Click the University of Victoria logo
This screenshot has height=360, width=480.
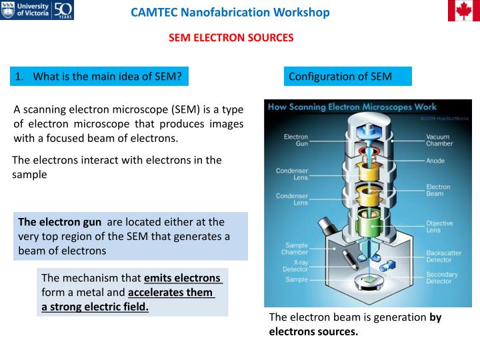[x=37, y=11]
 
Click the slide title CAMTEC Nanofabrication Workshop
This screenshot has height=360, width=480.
[x=230, y=13]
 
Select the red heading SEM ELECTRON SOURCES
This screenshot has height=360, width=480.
[x=231, y=38]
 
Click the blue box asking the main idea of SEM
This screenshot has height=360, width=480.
[x=99, y=77]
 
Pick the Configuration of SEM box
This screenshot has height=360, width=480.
[x=347, y=77]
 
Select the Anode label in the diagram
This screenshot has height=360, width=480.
[x=435, y=161]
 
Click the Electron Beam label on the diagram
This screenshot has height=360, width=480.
[x=438, y=191]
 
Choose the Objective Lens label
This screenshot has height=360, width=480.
[x=439, y=227]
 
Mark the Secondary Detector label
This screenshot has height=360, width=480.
[x=442, y=278]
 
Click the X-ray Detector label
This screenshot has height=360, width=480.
[x=295, y=265]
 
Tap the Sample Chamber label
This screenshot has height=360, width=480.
[x=296, y=249]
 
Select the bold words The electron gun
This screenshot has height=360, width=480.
[x=60, y=223]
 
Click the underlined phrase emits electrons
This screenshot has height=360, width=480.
[x=182, y=278]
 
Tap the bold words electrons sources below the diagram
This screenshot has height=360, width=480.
[x=313, y=331]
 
